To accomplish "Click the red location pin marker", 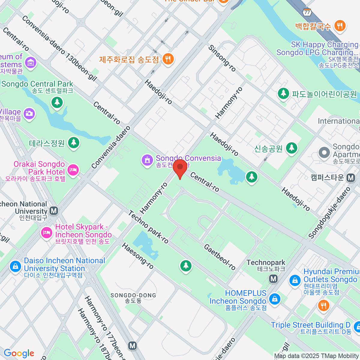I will tap(180, 167).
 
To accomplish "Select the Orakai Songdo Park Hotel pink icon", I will tap(73, 170).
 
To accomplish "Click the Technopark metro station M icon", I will tap(273, 279).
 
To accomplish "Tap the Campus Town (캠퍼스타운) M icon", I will tap(351, 178).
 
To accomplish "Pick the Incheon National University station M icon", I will tap(54, 211).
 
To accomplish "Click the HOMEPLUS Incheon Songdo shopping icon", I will tap(274, 299).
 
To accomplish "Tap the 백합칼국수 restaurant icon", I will tap(340, 26).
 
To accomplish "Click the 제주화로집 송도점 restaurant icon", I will tap(168, 59).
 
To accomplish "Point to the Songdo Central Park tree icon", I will tap(57, 102).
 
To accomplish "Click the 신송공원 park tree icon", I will tap(292, 148).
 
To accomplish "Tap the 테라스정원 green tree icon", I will tap(73, 142).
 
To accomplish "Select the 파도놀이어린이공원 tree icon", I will tap(283, 93).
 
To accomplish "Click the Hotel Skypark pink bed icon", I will tap(46, 232).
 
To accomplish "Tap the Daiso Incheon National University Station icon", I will tap(15, 266).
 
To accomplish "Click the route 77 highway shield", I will tap(307, 12).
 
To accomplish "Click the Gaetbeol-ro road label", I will tap(220, 257).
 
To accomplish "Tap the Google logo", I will tap(19, 353).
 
